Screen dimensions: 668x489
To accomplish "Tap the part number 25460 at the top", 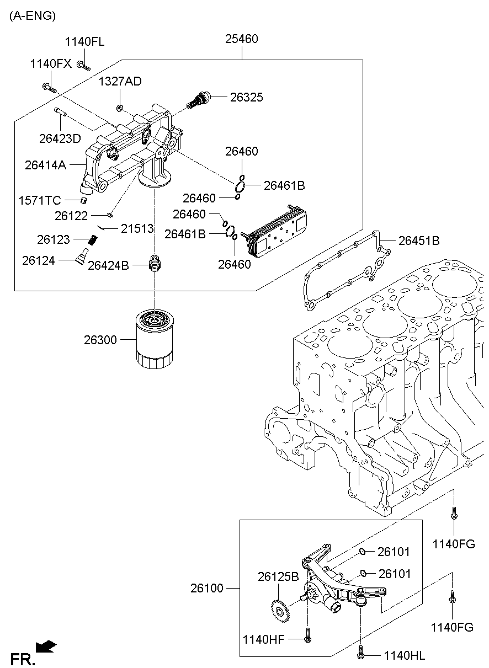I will pyautogui.click(x=242, y=39).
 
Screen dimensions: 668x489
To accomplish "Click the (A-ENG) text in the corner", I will pyautogui.click(x=32, y=17).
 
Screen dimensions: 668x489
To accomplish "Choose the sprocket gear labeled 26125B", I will pyautogui.click(x=280, y=610).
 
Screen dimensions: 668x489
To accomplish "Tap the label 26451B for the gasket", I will pyautogui.click(x=419, y=241).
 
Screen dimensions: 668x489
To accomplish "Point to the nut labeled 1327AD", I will pyautogui.click(x=120, y=106).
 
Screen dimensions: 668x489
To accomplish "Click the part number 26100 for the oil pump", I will pyautogui.click(x=207, y=589).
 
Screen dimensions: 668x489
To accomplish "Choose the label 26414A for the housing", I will pyautogui.click(x=46, y=164).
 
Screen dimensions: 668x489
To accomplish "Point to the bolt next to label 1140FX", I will pyautogui.click(x=48, y=86).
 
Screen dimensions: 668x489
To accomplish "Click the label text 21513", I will pyautogui.click(x=137, y=228).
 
